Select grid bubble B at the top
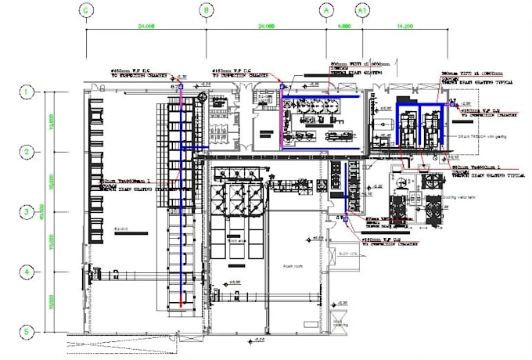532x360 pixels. tap(206, 10)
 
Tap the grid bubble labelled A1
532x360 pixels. tap(362, 10)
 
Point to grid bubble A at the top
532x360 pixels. tap(326, 10)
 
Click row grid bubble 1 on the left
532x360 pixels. tap(26, 92)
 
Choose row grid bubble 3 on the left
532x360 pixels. tap(26, 212)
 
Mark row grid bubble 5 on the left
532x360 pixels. tap(26, 332)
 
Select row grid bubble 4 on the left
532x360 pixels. tap(26, 272)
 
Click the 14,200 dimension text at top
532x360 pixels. tap(404, 27)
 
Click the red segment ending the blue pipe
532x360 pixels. tap(182, 299)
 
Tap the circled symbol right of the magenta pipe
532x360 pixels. tap(203, 98)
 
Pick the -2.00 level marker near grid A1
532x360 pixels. tap(464, 103)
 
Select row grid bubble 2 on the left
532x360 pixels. tap(26, 152)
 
